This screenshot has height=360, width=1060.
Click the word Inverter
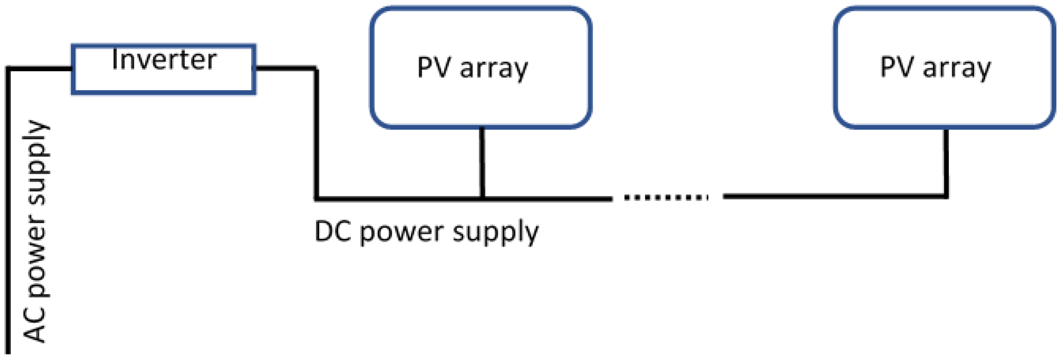pyautogui.click(x=164, y=60)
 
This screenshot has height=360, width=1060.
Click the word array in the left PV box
pyautogui.click(x=493, y=69)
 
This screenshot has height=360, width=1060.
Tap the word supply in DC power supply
pyautogui.click(x=495, y=233)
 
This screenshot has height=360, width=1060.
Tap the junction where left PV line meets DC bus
pyautogui.click(x=482, y=199)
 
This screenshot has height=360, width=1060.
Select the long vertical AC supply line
pyautogui.click(x=8, y=214)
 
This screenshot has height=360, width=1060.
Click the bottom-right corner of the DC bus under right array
pyautogui.click(x=946, y=196)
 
